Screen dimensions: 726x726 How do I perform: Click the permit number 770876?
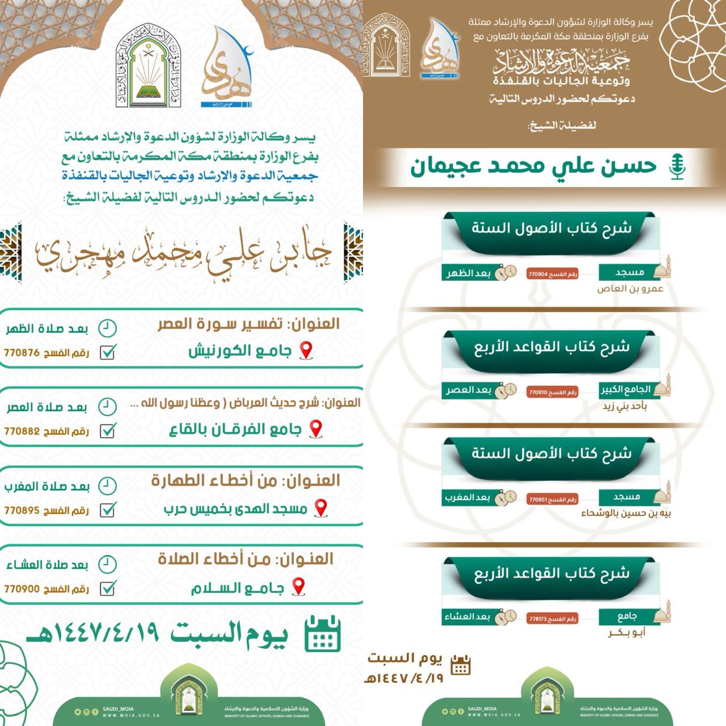tap(22, 353)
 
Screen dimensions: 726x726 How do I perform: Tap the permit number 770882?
tap(22, 431)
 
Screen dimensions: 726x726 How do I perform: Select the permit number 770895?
tap(22, 510)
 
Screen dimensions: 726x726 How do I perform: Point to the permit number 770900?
tap(22, 589)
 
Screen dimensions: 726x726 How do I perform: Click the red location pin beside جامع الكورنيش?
tap(306, 351)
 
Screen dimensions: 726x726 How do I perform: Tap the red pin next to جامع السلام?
tap(298, 586)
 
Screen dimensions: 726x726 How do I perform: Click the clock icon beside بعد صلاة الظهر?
tap(107, 328)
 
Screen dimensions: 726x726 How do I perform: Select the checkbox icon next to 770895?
tap(108, 510)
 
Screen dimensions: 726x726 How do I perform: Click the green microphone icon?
tap(677, 167)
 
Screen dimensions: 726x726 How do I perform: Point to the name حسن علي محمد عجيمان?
tap(533, 166)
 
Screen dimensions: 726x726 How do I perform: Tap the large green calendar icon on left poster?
tap(322, 634)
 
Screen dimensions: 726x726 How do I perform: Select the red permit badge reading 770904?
tap(552, 274)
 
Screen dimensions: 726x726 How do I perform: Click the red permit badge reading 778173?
tap(552, 619)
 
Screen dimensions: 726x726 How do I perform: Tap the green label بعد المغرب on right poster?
tap(467, 497)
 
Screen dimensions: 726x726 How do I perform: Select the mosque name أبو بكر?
tap(627, 632)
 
